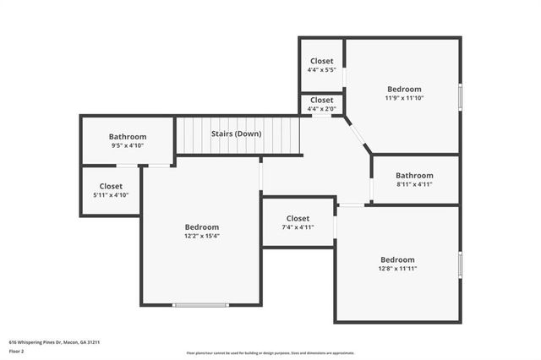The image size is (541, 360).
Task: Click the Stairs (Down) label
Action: click(x=236, y=134)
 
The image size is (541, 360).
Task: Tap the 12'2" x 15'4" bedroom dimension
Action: click(x=202, y=236)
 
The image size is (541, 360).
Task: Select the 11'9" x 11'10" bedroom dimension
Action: click(x=404, y=98)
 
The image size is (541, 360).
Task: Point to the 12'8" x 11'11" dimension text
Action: click(x=397, y=269)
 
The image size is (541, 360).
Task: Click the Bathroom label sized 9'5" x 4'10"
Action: click(x=128, y=137)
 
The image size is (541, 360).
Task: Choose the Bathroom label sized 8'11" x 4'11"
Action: click(x=414, y=176)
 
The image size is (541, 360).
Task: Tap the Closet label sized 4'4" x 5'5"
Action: click(x=321, y=61)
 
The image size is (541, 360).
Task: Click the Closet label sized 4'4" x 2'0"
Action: click(x=321, y=100)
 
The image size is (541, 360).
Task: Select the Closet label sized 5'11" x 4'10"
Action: click(x=111, y=186)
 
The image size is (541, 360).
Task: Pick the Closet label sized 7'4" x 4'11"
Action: click(x=298, y=218)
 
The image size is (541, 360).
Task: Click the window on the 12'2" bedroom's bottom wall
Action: click(x=200, y=304)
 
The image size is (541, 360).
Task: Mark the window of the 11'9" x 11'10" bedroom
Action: click(x=460, y=95)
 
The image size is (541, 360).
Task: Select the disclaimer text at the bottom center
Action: click(x=270, y=353)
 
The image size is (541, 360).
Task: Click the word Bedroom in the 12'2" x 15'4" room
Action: click(x=202, y=226)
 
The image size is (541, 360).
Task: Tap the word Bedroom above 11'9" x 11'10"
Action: click(x=404, y=89)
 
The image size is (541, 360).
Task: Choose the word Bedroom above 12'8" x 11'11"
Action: click(x=397, y=259)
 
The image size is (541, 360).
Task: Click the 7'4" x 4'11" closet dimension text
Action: click(x=298, y=226)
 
